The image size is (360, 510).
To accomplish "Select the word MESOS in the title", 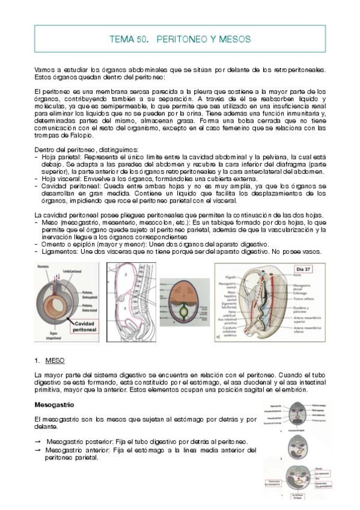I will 236,40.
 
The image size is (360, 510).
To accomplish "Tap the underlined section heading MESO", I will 55,360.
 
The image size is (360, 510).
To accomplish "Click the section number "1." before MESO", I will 37,360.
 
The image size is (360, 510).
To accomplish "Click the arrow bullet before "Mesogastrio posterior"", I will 38,442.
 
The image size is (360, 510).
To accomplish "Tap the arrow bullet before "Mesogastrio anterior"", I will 38,450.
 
